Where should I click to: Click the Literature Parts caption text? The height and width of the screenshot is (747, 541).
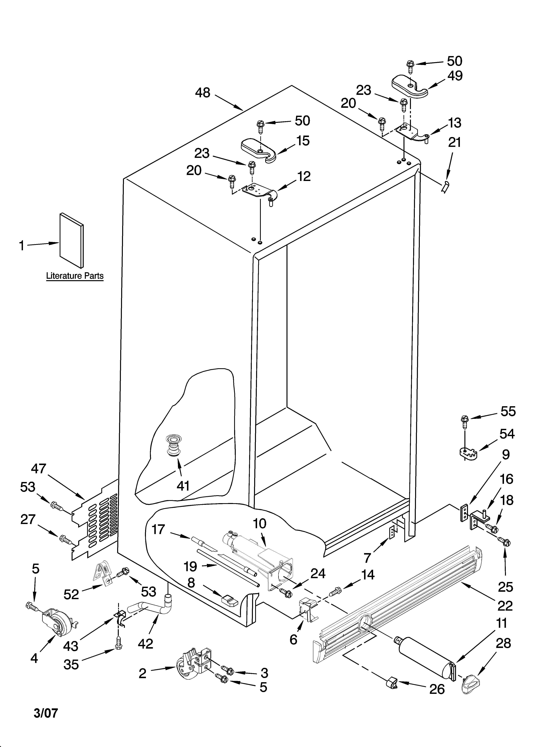75,276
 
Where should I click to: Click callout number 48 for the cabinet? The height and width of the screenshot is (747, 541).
203,93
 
